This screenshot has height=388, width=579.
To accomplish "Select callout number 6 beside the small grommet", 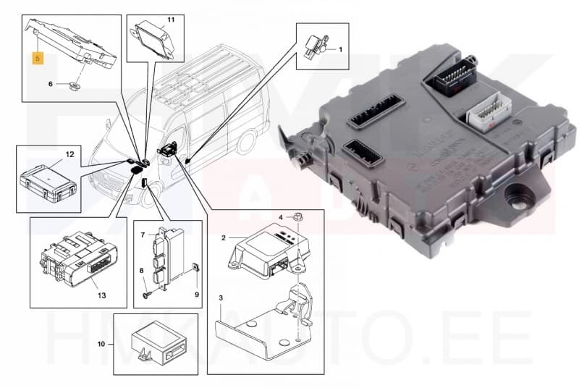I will point(51,84).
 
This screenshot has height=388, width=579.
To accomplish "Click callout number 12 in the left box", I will point(70,155).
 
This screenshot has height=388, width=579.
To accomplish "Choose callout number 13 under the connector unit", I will point(101,295).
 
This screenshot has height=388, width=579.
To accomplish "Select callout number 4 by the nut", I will point(281,216).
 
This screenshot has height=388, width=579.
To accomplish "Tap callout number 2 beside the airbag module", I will point(224,237).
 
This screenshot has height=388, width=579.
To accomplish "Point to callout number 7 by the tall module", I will point(143,235).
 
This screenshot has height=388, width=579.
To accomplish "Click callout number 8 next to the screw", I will point(142,271).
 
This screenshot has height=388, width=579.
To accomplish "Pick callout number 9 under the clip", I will point(196,295).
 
